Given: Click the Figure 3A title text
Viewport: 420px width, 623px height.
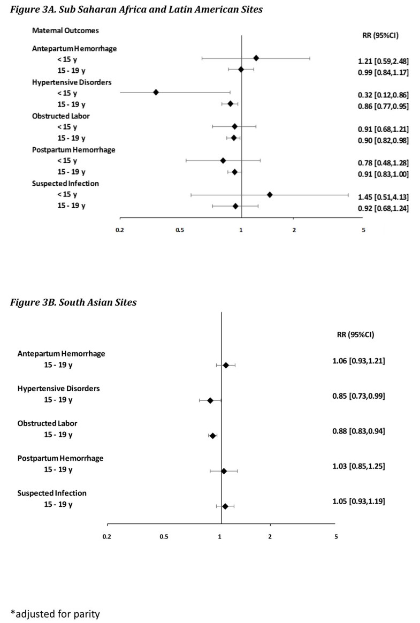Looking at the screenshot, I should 134,9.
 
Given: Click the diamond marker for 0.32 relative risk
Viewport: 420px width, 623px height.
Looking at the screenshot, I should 156,92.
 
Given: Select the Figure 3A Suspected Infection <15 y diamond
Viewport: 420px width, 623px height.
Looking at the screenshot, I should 270,194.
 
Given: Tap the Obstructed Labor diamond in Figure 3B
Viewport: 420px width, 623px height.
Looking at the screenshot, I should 212,436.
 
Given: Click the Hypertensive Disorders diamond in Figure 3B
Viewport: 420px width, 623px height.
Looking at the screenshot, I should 210,400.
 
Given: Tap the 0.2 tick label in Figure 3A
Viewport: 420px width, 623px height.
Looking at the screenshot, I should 120,230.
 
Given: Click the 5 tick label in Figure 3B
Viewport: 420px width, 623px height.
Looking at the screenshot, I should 336,537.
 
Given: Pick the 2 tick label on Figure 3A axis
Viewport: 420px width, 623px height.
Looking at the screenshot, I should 294,230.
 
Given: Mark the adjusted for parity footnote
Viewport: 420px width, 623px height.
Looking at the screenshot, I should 56,613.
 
